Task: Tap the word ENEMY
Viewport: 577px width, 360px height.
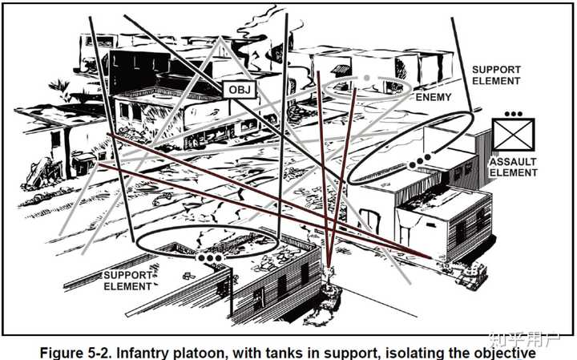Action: (434, 97)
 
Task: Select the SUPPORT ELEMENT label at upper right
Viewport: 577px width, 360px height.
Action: (495, 75)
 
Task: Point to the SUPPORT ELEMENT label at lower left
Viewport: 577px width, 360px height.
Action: (127, 281)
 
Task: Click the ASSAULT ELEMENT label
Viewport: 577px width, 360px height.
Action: (514, 167)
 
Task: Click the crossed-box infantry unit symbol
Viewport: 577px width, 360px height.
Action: (513, 134)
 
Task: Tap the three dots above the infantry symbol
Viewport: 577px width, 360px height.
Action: (513, 114)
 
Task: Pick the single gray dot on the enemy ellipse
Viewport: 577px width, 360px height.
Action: (367, 78)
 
